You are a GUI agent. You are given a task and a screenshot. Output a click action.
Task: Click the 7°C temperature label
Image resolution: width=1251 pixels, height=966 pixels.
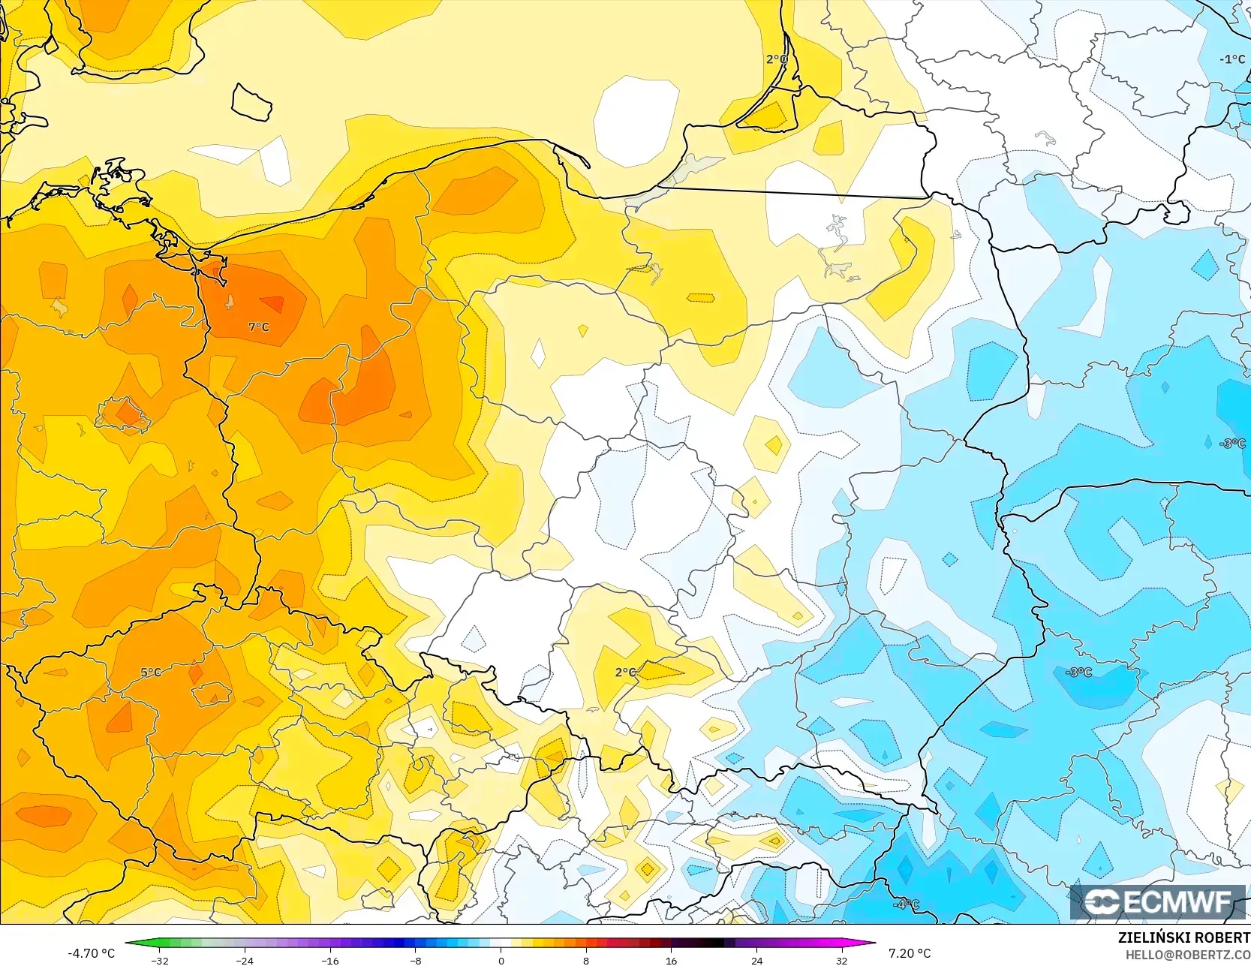click(x=258, y=327)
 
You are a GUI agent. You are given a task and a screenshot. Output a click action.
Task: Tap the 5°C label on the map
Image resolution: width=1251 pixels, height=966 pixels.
click(x=151, y=672)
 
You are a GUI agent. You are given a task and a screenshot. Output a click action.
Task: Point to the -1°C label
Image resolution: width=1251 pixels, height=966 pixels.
click(x=1232, y=59)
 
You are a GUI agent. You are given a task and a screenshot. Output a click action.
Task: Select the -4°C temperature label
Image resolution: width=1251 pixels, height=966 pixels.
click(x=906, y=904)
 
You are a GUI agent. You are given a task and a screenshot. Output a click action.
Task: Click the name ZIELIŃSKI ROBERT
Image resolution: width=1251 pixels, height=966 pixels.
click(x=1183, y=937)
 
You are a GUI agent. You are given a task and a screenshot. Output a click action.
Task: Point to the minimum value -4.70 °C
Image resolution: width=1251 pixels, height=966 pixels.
click(x=91, y=953)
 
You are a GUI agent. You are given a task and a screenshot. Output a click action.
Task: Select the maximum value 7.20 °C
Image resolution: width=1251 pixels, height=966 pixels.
click(x=909, y=953)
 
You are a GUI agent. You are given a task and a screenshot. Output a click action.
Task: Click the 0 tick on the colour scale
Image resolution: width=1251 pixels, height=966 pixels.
click(x=501, y=960)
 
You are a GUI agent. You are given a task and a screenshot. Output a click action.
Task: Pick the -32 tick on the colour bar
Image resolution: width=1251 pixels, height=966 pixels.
click(x=159, y=960)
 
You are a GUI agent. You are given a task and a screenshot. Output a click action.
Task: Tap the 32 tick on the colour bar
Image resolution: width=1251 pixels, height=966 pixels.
click(x=841, y=960)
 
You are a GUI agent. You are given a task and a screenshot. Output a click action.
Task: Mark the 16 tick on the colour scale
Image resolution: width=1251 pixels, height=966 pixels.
click(x=671, y=960)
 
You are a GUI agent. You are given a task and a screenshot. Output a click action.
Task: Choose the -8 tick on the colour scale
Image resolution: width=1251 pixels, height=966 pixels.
click(x=415, y=960)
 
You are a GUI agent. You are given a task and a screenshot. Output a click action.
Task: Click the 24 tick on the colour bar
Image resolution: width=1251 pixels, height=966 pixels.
click(x=756, y=960)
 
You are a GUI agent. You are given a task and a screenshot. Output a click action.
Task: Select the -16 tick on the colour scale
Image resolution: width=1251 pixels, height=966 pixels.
click(x=329, y=960)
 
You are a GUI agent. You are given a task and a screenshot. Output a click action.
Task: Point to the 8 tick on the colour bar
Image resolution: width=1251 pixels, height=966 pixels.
click(x=585, y=960)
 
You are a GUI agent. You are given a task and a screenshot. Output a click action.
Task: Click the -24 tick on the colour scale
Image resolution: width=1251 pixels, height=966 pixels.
click(x=244, y=960)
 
